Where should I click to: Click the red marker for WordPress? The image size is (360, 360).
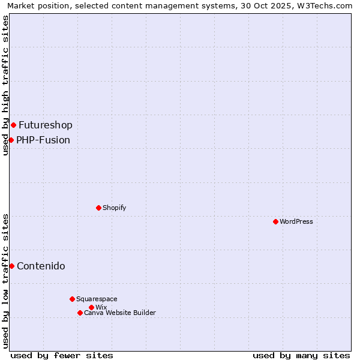click(x=275, y=221)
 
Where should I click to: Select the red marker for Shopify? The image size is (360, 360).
click(x=98, y=208)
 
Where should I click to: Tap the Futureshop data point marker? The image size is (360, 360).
click(x=13, y=125)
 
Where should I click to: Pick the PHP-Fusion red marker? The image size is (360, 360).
click(x=11, y=140)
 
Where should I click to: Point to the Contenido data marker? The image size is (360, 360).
click(x=11, y=266)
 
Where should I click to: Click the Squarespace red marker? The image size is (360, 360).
click(x=72, y=299)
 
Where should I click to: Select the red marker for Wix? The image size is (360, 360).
click(x=91, y=307)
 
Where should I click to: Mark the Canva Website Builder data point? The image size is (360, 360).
click(x=80, y=313)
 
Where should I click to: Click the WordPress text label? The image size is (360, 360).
click(x=296, y=221)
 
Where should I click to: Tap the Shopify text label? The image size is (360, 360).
click(x=114, y=208)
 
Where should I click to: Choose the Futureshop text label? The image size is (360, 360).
click(x=46, y=125)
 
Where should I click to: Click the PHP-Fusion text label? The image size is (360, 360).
click(x=43, y=140)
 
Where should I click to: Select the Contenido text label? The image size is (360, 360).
click(x=41, y=266)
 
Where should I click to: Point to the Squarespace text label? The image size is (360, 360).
click(x=97, y=299)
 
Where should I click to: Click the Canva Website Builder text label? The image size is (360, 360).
click(x=120, y=313)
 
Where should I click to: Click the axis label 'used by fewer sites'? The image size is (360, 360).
click(x=62, y=355)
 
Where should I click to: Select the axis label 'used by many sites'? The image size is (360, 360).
click(x=301, y=355)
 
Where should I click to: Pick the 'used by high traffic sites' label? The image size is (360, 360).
click(x=5, y=85)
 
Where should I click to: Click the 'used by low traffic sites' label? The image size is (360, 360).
click(x=5, y=281)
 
